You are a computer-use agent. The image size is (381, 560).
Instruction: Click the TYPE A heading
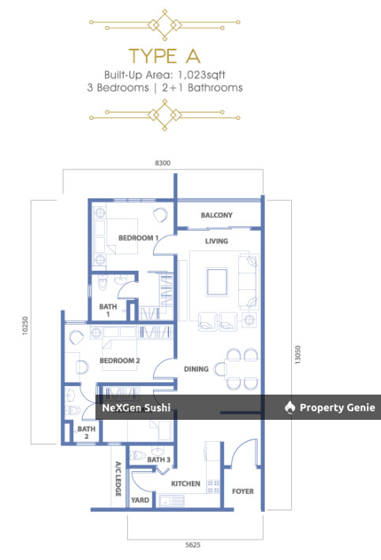tap(165, 56)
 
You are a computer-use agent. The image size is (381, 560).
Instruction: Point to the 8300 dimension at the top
tap(162, 163)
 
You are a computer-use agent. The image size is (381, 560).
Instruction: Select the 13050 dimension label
tap(297, 354)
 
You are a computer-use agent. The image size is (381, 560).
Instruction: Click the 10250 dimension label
tap(24, 325)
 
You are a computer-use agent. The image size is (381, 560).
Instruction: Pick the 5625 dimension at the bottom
tap(192, 545)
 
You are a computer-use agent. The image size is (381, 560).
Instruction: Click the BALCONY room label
tap(217, 215)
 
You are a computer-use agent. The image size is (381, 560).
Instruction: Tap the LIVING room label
tap(216, 241)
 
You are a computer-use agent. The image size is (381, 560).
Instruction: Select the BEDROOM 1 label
tap(138, 238)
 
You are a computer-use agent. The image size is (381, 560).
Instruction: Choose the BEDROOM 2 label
tap(120, 361)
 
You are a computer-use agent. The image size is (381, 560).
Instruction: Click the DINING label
tap(196, 369)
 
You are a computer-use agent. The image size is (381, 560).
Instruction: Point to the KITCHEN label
tap(185, 484)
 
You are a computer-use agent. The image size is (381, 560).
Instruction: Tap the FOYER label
tap(243, 491)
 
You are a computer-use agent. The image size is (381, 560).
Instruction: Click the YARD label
tap(140, 500)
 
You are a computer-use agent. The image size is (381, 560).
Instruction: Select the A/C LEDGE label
tap(118, 480)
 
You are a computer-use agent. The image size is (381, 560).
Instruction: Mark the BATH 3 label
tap(159, 460)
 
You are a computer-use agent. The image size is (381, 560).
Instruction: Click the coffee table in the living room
tap(217, 282)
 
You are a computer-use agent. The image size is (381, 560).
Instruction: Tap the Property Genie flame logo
tap(289, 407)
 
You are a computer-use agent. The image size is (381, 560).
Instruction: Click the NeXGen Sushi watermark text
tap(136, 407)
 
